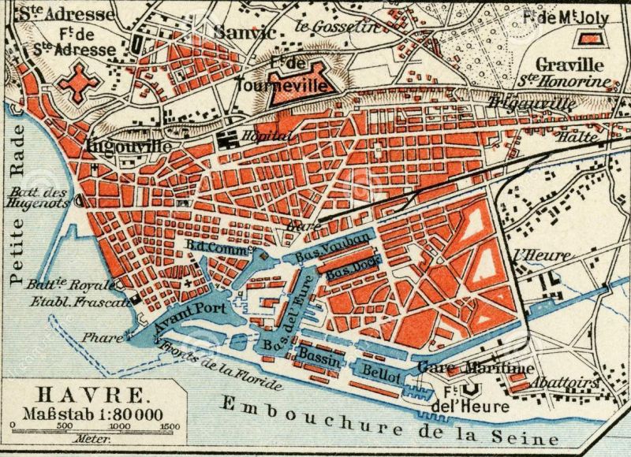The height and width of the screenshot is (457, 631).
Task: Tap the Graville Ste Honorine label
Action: pos(563,72)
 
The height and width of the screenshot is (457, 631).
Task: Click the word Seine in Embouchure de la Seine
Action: pos(530,437)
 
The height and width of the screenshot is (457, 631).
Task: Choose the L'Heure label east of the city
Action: pos(530,255)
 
